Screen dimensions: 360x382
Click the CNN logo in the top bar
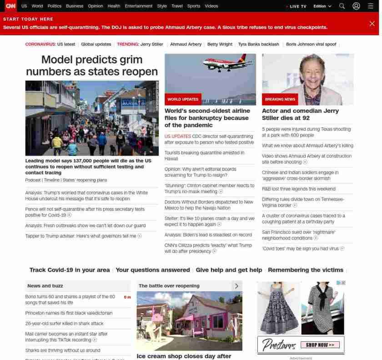coord(10,6)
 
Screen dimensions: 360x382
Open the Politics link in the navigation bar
coord(55,6)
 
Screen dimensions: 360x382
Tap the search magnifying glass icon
coord(342,6)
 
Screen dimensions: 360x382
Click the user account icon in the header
coord(356,6)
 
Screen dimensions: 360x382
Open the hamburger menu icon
coord(371,6)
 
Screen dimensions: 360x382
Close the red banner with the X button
coord(372,24)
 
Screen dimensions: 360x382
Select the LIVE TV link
coord(297,6)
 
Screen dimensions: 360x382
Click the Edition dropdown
coord(322,6)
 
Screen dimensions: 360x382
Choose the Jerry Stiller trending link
coord(151,44)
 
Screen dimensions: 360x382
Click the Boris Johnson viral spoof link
coord(311,44)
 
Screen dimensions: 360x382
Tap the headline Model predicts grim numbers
coord(92,66)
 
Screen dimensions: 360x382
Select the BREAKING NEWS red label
coord(280,99)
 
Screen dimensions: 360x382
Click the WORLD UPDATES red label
coord(183,99)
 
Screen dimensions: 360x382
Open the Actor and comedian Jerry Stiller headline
coord(300,114)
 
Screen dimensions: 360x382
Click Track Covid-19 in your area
coord(70,270)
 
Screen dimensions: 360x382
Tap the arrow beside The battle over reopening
coord(236,286)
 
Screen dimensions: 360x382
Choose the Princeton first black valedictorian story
coord(69,313)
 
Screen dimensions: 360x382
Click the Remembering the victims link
coord(305,270)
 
